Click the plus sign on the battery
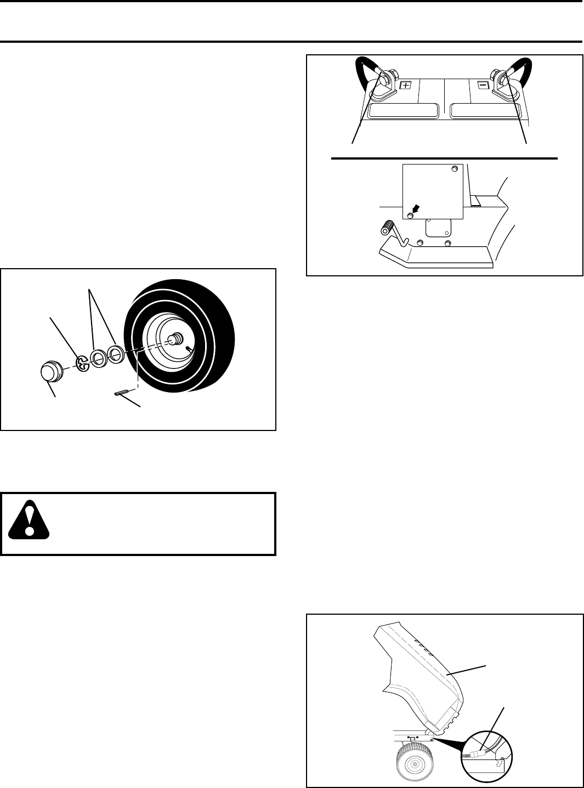coord(405,86)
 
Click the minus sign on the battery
coord(483,86)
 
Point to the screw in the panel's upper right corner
coord(453,169)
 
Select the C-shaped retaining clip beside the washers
coord(82,364)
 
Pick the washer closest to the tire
coord(116,354)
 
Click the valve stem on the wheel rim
coord(189,348)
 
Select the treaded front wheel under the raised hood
coord(415,764)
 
